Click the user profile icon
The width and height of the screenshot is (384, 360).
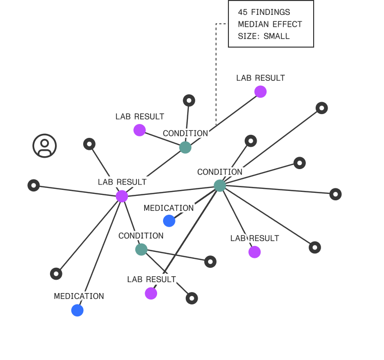pyautogui.click(x=45, y=146)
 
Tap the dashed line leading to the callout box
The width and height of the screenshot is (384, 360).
pyautogui.click(x=216, y=74)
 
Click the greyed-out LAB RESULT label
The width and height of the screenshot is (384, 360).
pyautogui.click(x=260, y=78)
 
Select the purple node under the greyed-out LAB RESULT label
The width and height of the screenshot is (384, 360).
pyautogui.click(x=260, y=92)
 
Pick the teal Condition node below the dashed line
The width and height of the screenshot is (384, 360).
pyautogui.click(x=185, y=147)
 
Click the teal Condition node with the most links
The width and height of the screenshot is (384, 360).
pyautogui.click(x=219, y=186)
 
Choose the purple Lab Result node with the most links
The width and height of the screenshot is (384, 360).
pyautogui.click(x=122, y=196)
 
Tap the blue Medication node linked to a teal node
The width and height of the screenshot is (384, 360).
pyautogui.click(x=169, y=221)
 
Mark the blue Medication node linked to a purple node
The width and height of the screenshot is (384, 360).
pyautogui.click(x=77, y=310)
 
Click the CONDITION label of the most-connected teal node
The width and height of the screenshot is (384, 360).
pyautogui.click(x=219, y=172)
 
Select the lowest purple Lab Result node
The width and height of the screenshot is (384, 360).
pyautogui.click(x=151, y=294)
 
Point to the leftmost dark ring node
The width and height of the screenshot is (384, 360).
pyautogui.click(x=34, y=185)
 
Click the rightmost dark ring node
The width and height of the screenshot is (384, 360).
pyautogui.click(x=335, y=194)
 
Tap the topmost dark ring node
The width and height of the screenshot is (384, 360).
pyautogui.click(x=189, y=101)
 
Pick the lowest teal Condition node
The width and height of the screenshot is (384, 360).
pyautogui.click(x=141, y=249)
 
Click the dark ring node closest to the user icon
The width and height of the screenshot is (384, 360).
pyautogui.click(x=89, y=144)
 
